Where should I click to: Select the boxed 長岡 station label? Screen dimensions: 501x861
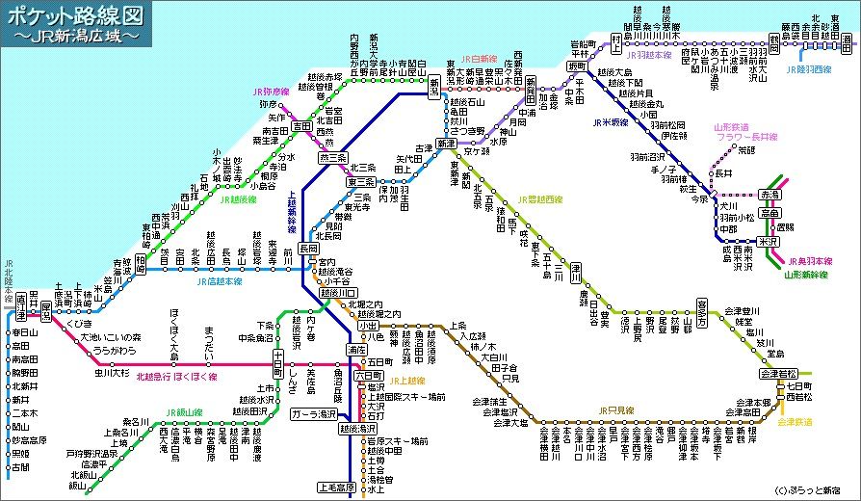[308, 248]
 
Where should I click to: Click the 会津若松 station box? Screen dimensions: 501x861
[779, 373]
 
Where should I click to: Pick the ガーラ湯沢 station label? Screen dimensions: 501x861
[314, 413]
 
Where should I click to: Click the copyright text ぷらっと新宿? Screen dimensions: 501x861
[815, 489]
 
